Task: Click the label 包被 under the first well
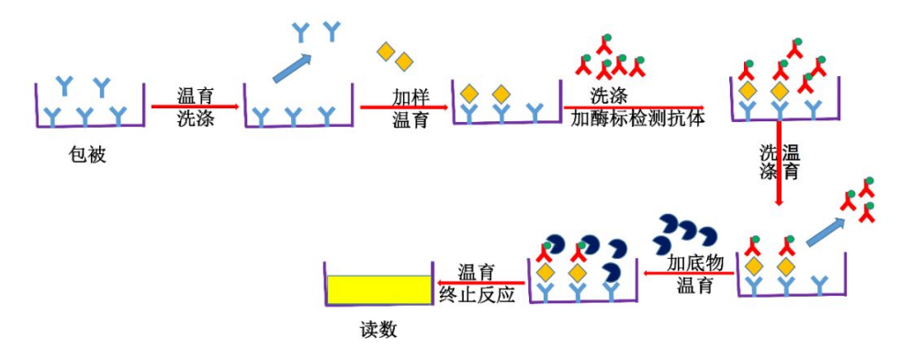click(x=88, y=155)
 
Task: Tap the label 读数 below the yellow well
click(x=378, y=330)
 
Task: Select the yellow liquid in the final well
click(x=378, y=289)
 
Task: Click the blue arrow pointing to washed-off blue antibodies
click(x=291, y=65)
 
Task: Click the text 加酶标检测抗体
click(x=637, y=118)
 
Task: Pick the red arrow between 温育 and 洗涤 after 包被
click(x=196, y=107)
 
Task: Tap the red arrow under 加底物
click(x=688, y=273)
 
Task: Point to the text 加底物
click(x=695, y=263)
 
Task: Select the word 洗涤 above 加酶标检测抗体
click(x=609, y=95)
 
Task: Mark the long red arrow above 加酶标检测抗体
click(x=634, y=107)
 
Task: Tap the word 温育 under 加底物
click(x=695, y=285)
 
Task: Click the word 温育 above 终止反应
click(x=476, y=272)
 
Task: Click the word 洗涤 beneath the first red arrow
click(x=196, y=118)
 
